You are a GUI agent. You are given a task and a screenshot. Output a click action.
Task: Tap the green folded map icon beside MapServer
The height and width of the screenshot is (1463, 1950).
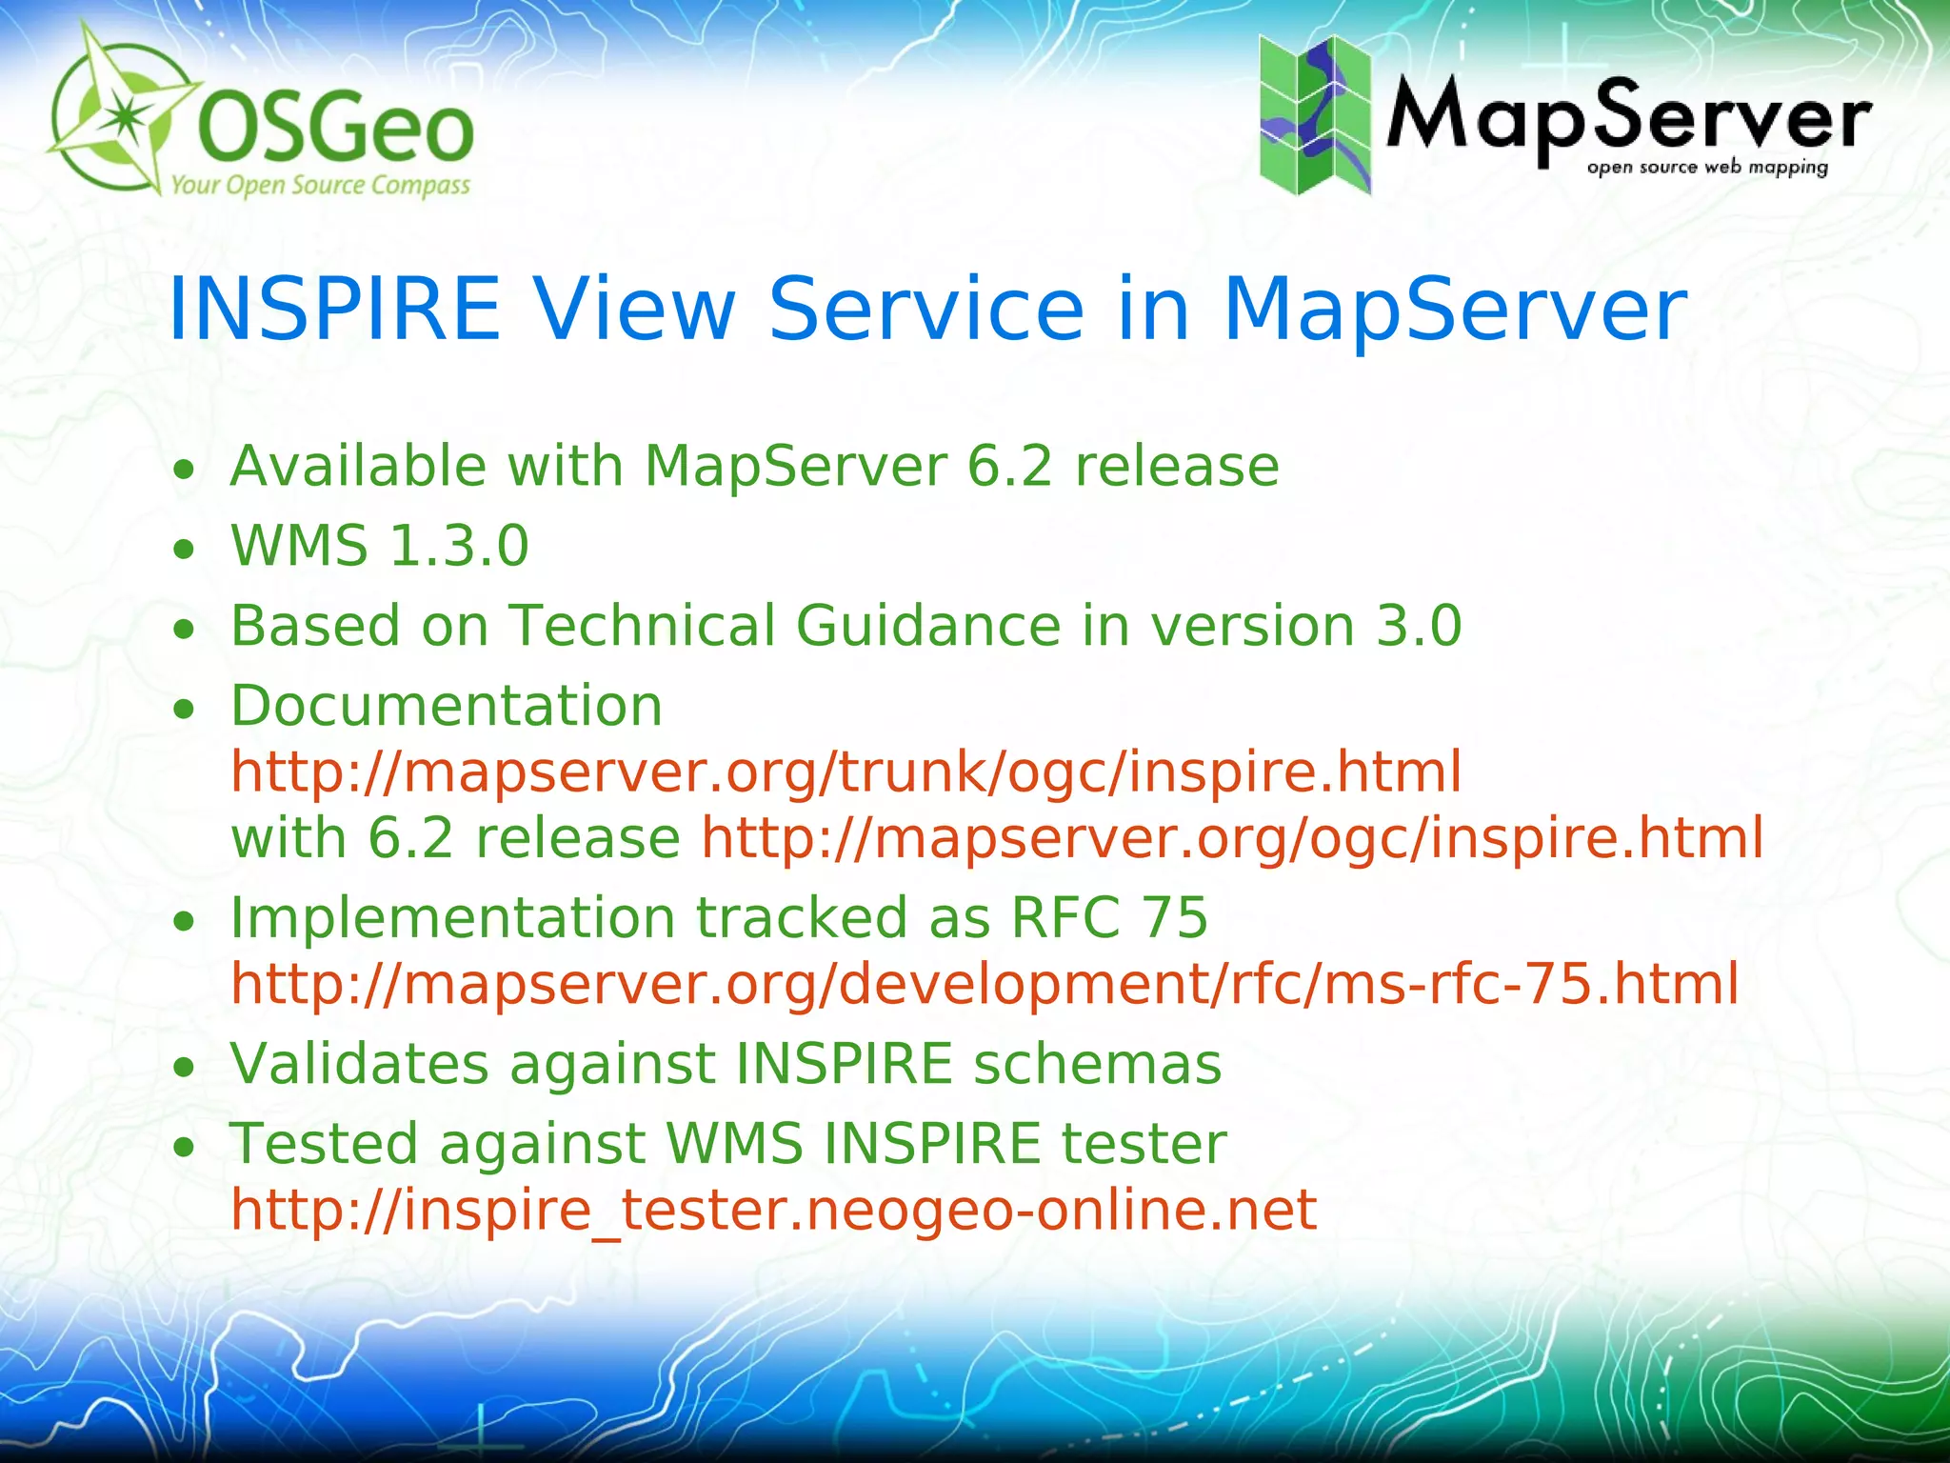(x=1315, y=114)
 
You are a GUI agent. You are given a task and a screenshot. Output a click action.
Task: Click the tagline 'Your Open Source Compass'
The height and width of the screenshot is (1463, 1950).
(x=321, y=184)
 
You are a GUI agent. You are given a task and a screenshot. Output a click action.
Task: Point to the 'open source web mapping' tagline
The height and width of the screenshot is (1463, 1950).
(x=1707, y=168)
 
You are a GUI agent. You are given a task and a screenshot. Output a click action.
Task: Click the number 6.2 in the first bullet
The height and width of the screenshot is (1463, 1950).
(x=1009, y=466)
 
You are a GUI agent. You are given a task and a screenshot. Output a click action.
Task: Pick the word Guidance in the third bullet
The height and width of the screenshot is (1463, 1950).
(x=928, y=626)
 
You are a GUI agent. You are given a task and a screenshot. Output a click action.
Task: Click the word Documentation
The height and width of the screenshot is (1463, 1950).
(x=447, y=706)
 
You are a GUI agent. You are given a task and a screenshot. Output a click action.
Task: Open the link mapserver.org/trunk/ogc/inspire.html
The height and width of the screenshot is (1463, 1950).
(x=846, y=772)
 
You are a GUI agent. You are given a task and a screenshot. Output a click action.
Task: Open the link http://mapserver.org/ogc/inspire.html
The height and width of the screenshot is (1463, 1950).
(x=1232, y=838)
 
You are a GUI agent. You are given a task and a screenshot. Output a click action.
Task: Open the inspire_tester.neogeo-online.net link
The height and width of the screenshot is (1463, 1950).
(x=773, y=1210)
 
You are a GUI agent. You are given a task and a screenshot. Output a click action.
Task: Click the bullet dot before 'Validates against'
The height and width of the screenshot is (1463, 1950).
(x=185, y=1068)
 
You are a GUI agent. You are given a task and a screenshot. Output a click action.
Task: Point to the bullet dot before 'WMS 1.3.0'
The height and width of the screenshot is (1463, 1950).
(x=185, y=550)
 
